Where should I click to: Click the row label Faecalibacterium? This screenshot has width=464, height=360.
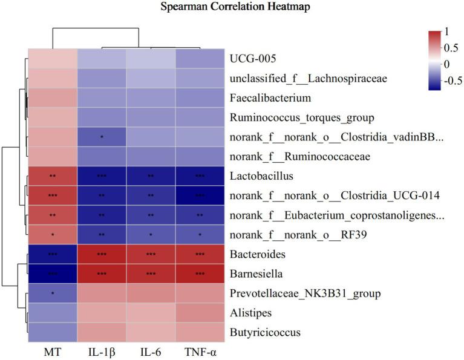[x=270, y=97]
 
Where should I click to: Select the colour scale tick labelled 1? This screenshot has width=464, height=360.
[x=446, y=31]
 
